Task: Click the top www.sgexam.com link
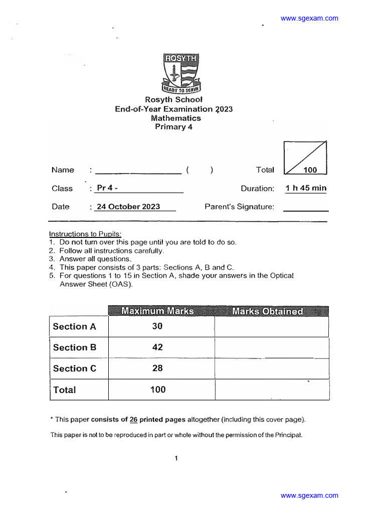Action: tap(309, 19)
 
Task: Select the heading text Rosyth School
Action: tap(173, 100)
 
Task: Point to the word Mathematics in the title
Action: tap(176, 118)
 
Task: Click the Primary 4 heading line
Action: tap(173, 127)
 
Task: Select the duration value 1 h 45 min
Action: tap(305, 188)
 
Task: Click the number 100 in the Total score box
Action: tap(310, 170)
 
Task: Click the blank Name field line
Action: tap(138, 171)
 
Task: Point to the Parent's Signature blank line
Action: tap(306, 207)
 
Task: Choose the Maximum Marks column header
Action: tap(157, 311)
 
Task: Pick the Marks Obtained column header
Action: tap(268, 311)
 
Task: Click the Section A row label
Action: tap(75, 326)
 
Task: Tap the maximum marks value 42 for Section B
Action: tap(157, 347)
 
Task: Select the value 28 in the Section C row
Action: tap(157, 368)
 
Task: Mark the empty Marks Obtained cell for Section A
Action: tap(271, 326)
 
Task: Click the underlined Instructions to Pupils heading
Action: tap(85, 234)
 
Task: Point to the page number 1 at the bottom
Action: tap(176, 458)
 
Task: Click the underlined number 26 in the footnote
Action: tap(133, 420)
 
